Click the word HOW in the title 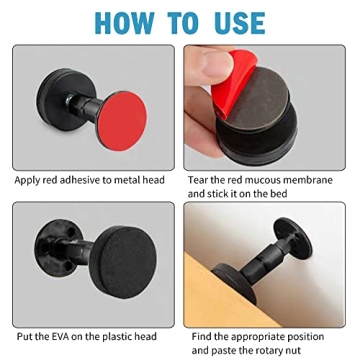[125, 22]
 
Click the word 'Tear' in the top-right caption [198, 180]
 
